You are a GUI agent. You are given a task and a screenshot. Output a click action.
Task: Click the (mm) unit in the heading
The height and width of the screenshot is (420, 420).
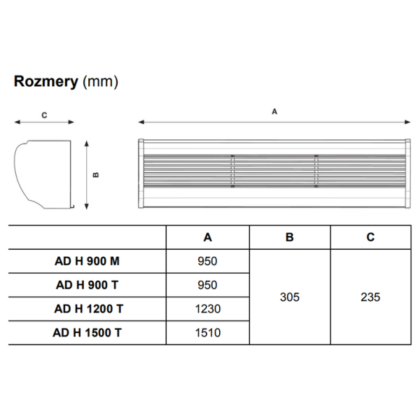click(100, 82)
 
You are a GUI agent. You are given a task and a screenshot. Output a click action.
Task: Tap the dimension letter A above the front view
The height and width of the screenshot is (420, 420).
click(274, 111)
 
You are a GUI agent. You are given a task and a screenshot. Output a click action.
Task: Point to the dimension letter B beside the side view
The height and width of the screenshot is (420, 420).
click(97, 174)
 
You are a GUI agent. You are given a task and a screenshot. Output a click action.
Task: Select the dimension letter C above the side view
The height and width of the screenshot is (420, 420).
click(44, 115)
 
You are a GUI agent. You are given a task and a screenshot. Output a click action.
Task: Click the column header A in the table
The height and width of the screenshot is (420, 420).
click(207, 237)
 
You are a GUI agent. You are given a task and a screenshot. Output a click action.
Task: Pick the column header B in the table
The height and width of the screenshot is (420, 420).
click(290, 237)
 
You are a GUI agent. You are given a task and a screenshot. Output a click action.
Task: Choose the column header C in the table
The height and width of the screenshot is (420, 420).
click(370, 237)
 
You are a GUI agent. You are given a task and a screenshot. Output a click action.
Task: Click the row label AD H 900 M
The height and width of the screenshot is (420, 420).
click(87, 261)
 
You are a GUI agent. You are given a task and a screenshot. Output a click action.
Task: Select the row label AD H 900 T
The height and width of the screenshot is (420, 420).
click(87, 285)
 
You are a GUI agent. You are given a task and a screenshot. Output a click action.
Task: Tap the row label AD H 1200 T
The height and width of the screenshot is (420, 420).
click(87, 309)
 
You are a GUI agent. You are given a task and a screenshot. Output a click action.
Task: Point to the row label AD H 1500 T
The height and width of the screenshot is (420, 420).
click(87, 332)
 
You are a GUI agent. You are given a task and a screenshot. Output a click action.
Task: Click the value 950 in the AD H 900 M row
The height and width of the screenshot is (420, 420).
click(207, 261)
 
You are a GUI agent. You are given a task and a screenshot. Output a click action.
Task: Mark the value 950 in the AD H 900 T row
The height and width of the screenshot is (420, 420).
click(207, 285)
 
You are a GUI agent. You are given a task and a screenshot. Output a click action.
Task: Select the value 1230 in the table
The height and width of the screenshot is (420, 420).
click(207, 309)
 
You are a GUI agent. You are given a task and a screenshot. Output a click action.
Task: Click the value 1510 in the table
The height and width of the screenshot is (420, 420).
click(207, 332)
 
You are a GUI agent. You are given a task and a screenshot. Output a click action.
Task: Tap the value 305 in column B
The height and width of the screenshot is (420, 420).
click(290, 297)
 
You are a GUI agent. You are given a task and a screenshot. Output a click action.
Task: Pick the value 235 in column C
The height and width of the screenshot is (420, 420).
click(370, 297)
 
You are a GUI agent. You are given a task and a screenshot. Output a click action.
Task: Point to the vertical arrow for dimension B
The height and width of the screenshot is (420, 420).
click(86, 174)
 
